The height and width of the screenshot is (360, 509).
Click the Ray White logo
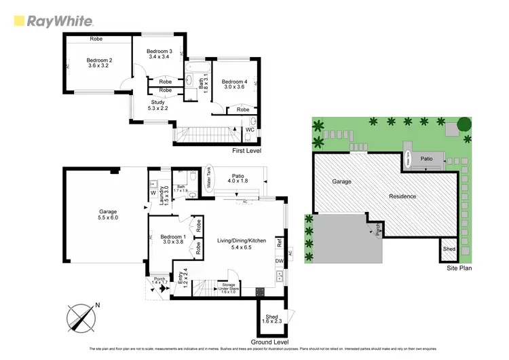pyautogui.click(x=53, y=20)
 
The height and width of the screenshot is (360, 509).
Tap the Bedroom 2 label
pyautogui.click(x=98, y=64)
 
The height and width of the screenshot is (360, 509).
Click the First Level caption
pyautogui.click(x=246, y=150)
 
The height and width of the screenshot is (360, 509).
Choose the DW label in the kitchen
pyautogui.click(x=279, y=261)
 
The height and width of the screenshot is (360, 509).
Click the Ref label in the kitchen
pyautogui.click(x=279, y=240)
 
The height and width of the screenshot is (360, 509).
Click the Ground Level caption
pyautogui.click(x=270, y=341)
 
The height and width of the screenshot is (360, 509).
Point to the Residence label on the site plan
pyautogui.click(x=402, y=196)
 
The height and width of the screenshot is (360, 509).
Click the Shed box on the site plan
pyautogui.click(x=449, y=249)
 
